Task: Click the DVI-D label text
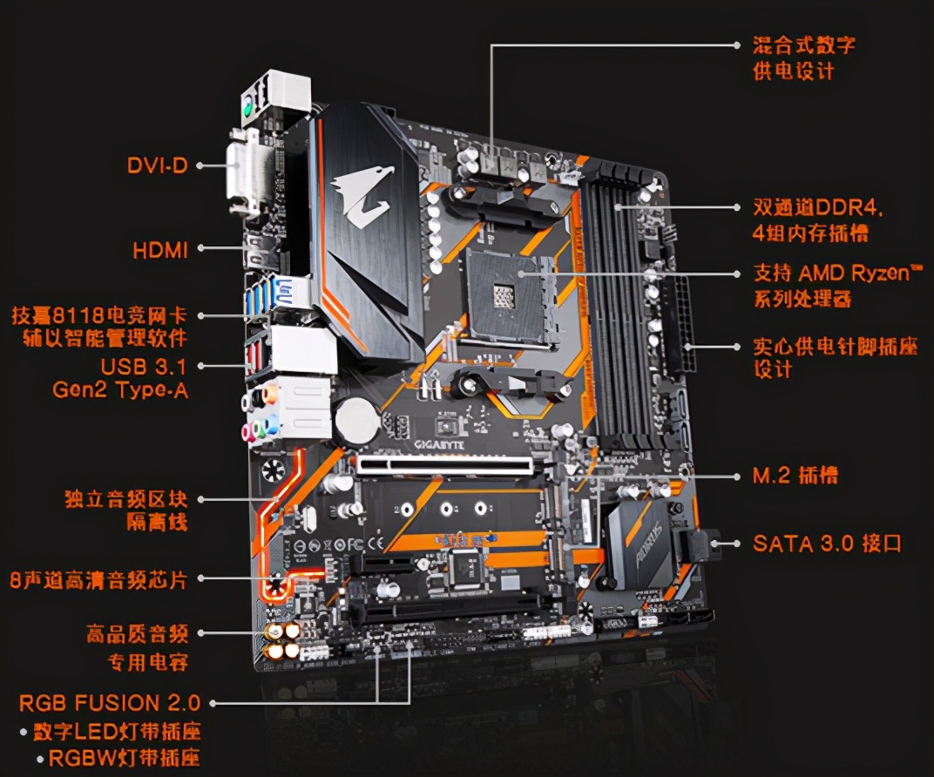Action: click(157, 165)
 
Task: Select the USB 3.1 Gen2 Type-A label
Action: click(119, 378)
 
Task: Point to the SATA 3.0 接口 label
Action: click(827, 544)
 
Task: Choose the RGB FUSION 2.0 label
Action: click(110, 703)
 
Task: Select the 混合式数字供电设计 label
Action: click(803, 58)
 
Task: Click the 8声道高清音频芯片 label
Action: click(98, 579)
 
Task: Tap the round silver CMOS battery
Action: click(355, 418)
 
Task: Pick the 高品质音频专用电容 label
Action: click(137, 647)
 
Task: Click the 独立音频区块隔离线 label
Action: click(125, 511)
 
